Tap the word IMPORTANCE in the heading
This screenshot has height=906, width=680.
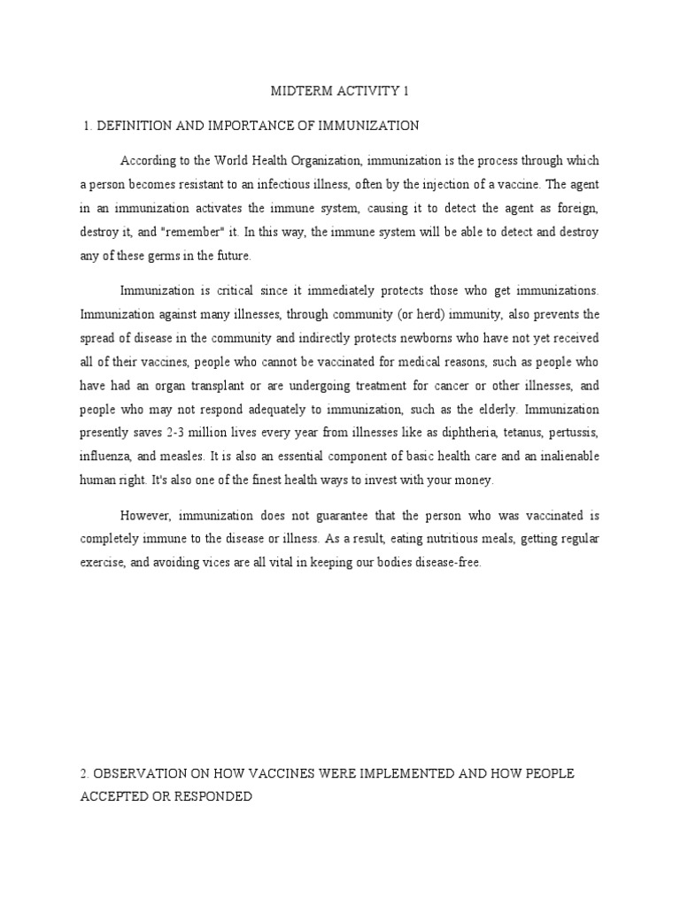click(x=243, y=126)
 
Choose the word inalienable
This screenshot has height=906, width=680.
click(x=567, y=457)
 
